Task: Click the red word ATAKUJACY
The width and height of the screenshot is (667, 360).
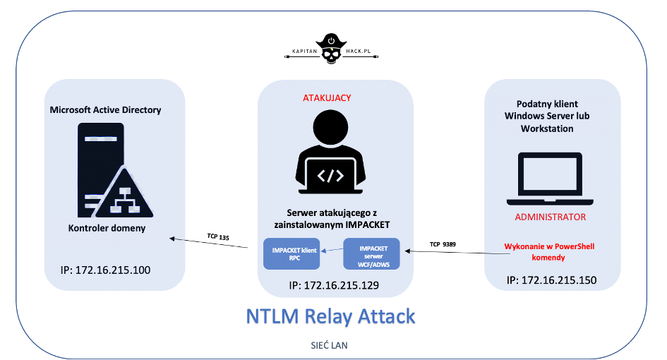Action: (333, 97)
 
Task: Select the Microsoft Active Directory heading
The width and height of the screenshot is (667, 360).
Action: (106, 109)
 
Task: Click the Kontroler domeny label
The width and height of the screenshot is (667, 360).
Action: (108, 228)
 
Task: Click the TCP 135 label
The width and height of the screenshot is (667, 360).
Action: (218, 237)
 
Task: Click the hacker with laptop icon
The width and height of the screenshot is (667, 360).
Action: (333, 156)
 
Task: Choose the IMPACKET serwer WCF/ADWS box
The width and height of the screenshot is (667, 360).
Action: (371, 254)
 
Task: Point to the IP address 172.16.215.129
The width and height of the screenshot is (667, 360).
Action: (334, 286)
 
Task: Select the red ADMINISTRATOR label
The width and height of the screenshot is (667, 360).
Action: (550, 217)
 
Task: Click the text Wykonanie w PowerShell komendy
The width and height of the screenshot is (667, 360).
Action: (549, 253)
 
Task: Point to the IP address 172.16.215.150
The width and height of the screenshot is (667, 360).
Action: (551, 280)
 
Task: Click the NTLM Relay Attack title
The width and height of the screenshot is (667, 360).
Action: (330, 316)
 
